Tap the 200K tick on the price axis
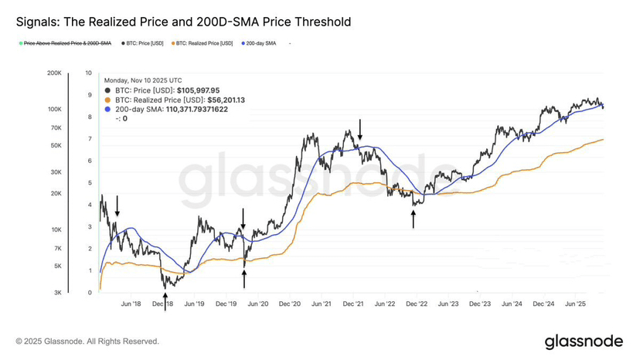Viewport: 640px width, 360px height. pos(54,73)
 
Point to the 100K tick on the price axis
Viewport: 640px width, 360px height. pos(54,110)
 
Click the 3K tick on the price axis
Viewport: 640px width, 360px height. pos(57,292)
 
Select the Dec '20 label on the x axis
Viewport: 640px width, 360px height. pos(290,304)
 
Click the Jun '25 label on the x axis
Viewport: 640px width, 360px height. pos(577,304)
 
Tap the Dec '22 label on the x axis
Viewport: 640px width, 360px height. pos(417,304)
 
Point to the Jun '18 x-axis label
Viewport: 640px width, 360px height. pos(131,304)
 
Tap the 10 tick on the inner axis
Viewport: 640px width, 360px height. pos(89,73)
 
